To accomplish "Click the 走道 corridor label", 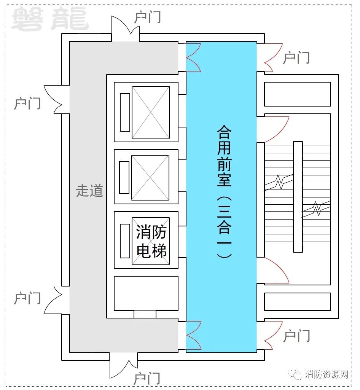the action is click(89, 191).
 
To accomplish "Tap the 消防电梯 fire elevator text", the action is click(151, 241).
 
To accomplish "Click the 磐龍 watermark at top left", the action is click(50, 19).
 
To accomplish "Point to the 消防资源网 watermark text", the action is click(327, 374).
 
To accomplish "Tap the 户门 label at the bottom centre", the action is click(147, 379).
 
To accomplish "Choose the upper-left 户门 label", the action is click(27, 103).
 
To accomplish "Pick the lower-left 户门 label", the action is click(27, 298).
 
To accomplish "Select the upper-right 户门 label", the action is click(296, 58).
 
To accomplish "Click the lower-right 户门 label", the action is click(296, 336).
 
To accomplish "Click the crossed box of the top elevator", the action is click(151, 112).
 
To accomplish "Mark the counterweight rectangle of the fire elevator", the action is click(125, 241).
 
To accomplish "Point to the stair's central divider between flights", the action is click(298, 197).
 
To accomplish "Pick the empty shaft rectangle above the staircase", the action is click(297, 94).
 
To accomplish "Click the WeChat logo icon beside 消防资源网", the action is click(296, 374).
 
